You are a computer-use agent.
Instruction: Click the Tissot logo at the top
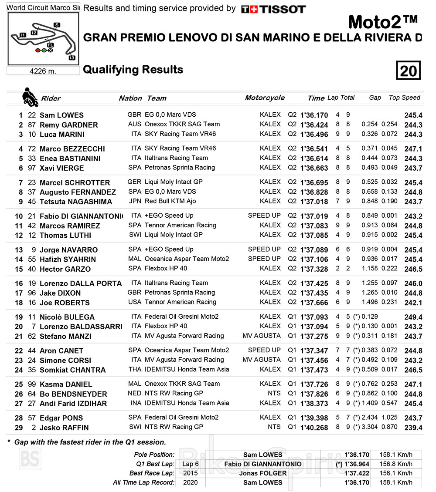pyautogui.click(x=273, y=9)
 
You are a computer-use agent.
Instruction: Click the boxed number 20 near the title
pyautogui.click(x=409, y=71)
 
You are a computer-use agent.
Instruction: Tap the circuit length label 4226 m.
pyautogui.click(x=43, y=71)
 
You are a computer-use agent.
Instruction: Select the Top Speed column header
pyautogui.click(x=404, y=98)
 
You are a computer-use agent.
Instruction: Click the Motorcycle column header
pyautogui.click(x=265, y=98)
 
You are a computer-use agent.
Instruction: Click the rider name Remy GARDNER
pyautogui.click(x=68, y=125)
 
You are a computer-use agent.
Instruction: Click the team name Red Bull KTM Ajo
pyautogui.click(x=171, y=201)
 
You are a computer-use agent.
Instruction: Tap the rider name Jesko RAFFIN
pyautogui.click(x=64, y=428)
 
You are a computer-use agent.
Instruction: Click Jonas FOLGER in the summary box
pyautogui.click(x=263, y=473)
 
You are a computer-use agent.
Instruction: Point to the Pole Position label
pyautogui.click(x=154, y=455)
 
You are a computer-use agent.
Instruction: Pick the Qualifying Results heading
pyautogui.click(x=133, y=70)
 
